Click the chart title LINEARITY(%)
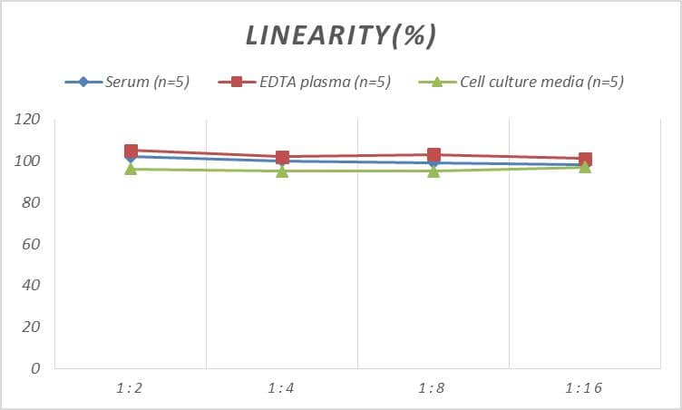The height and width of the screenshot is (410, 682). coord(341,35)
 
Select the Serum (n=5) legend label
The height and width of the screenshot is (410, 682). coord(147,83)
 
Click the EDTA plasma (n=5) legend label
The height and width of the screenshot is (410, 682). coord(324,83)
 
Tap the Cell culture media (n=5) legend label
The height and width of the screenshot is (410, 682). coord(541,83)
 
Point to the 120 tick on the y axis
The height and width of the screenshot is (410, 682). coord(28,120)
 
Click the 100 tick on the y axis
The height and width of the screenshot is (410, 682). coord(28,161)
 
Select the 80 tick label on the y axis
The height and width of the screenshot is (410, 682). coord(32,203)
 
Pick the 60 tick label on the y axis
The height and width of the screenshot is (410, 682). coord(32,245)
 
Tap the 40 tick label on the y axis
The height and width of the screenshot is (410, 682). coord(32,286)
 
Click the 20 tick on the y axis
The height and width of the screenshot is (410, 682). coord(32,327)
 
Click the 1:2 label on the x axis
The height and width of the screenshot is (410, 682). coord(131,388)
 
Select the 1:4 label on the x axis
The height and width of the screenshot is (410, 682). coord(282,388)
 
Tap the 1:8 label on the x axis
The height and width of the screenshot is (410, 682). coord(434,388)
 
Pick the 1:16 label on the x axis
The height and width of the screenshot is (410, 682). coord(584,388)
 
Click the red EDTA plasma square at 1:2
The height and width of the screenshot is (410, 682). coord(131,151)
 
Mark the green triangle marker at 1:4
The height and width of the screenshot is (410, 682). coord(282,171)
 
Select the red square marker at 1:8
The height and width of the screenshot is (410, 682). coord(434,155)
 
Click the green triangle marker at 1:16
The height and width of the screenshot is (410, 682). coord(585,167)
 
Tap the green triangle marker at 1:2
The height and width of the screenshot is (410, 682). coord(131,169)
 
